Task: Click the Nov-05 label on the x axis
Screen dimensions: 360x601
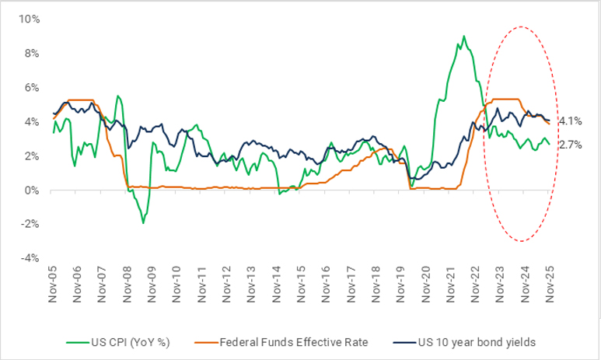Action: [x=53, y=287]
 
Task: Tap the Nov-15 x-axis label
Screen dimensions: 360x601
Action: [x=302, y=287]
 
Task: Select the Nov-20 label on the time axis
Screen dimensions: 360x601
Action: [x=426, y=287]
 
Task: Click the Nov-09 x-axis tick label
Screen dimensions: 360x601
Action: [x=152, y=287]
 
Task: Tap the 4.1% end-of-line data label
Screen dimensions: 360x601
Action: [x=570, y=121]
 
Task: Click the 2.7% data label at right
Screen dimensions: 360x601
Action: [x=570, y=145]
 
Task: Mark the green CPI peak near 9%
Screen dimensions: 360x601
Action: [x=464, y=36]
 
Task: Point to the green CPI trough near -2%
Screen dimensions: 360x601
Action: [x=143, y=223]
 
